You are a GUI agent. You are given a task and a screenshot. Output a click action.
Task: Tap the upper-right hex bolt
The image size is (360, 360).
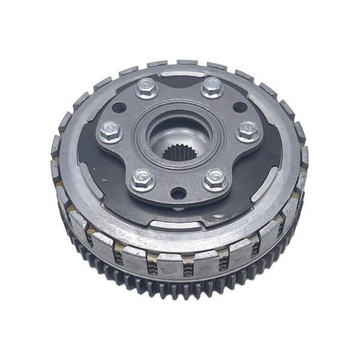[211, 88]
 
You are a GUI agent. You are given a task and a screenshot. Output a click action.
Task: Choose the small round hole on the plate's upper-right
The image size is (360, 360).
[239, 108]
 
